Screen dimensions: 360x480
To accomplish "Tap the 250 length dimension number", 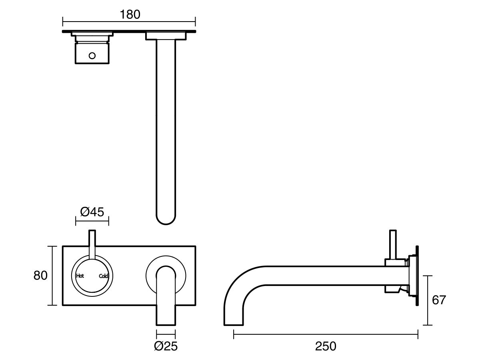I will pyautogui.click(x=326, y=346).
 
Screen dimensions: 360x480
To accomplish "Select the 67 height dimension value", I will pyautogui.click(x=438, y=300).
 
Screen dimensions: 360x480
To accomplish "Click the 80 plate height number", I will pyautogui.click(x=40, y=276).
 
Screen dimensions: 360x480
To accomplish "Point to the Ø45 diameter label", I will pyautogui.click(x=92, y=212).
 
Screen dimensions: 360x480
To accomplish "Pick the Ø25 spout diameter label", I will pyautogui.click(x=166, y=346).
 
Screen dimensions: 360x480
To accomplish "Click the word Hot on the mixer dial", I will pyautogui.click(x=80, y=276).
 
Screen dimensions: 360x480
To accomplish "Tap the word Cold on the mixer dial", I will pyautogui.click(x=104, y=276).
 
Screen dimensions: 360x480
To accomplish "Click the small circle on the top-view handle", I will pyautogui.click(x=92, y=56).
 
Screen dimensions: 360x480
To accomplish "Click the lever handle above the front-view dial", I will pyautogui.click(x=92, y=242).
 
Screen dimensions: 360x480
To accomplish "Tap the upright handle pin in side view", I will pyautogui.click(x=393, y=244).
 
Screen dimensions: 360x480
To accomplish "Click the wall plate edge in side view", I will pyautogui.click(x=417, y=276).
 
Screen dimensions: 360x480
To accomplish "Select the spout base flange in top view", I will pyautogui.click(x=166, y=36).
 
